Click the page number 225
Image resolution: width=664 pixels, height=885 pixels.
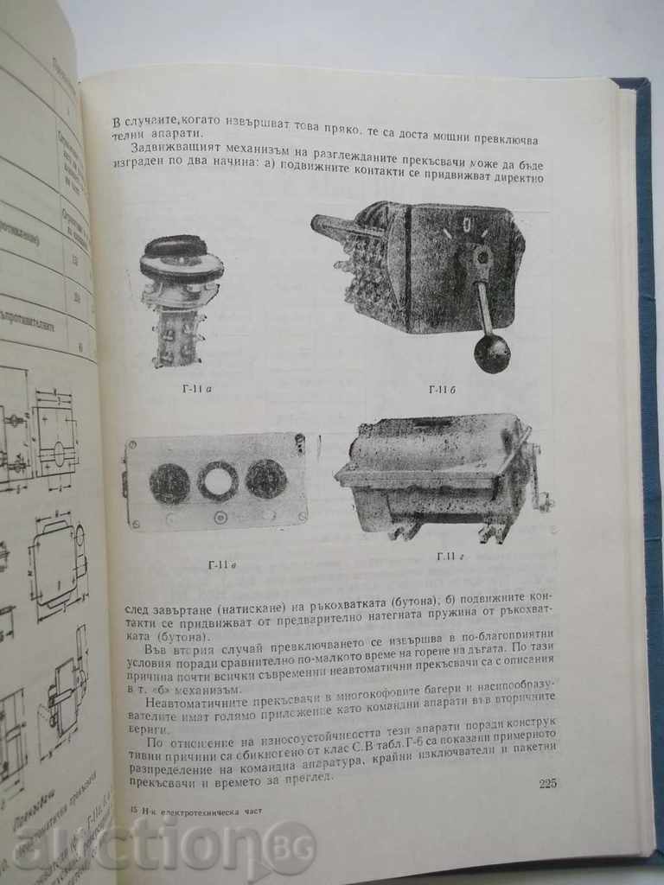[x=547, y=784]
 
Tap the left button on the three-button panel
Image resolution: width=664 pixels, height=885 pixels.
[x=169, y=482]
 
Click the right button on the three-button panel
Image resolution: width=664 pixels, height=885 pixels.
[x=265, y=478]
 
